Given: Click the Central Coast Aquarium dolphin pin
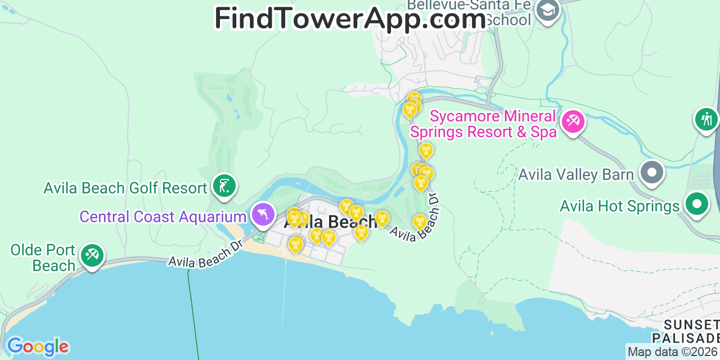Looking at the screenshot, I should tap(263, 214).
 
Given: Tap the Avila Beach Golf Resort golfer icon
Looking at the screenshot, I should tap(224, 186).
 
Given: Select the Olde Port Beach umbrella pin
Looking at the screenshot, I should tap(92, 255).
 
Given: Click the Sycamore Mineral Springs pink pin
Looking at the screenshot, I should tap(573, 121).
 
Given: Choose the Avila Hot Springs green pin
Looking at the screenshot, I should tap(697, 204).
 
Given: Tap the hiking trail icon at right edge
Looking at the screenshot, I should tap(706, 119).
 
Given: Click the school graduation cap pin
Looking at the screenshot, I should tap(547, 10).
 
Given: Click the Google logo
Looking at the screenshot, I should tap(38, 346).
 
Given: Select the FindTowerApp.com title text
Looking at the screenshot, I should tap(350, 18).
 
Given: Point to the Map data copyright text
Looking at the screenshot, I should tap(673, 352).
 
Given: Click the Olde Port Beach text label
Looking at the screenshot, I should tap(43, 258).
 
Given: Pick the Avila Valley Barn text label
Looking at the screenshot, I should tap(576, 174).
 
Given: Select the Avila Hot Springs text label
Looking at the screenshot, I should tap(620, 206).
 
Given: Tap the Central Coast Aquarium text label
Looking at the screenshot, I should tap(163, 217).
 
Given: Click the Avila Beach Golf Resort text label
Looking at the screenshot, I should tap(125, 188).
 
